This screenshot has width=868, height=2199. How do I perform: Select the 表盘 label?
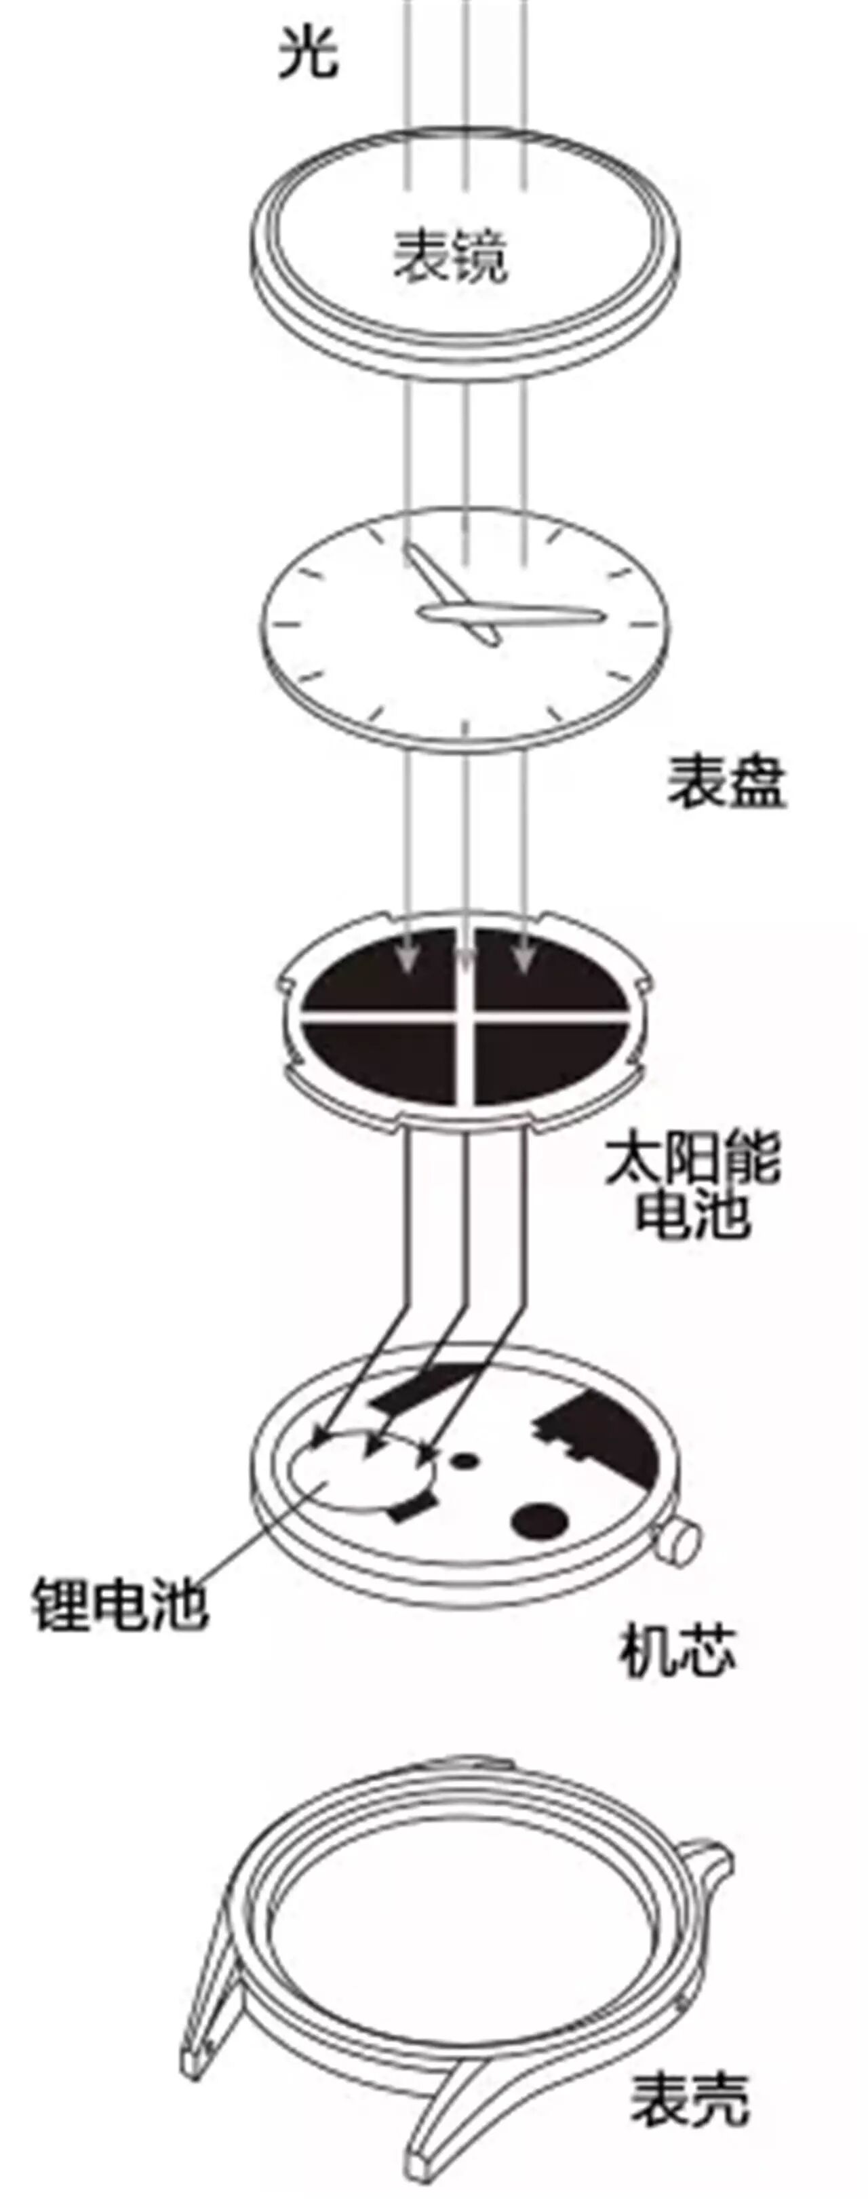[x=726, y=783]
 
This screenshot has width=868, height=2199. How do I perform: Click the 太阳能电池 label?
[x=692, y=1185]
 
